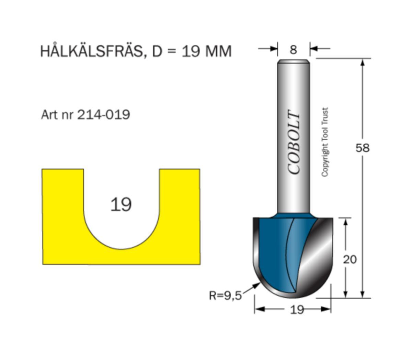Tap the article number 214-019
[103, 114]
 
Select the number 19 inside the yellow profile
[121, 205]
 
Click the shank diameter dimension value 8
[293, 50]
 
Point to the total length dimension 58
[363, 148]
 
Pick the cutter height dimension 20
[350, 259]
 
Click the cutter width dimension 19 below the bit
[297, 310]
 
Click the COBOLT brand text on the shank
[294, 142]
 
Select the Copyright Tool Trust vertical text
[325, 142]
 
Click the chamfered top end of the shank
[294, 62]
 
